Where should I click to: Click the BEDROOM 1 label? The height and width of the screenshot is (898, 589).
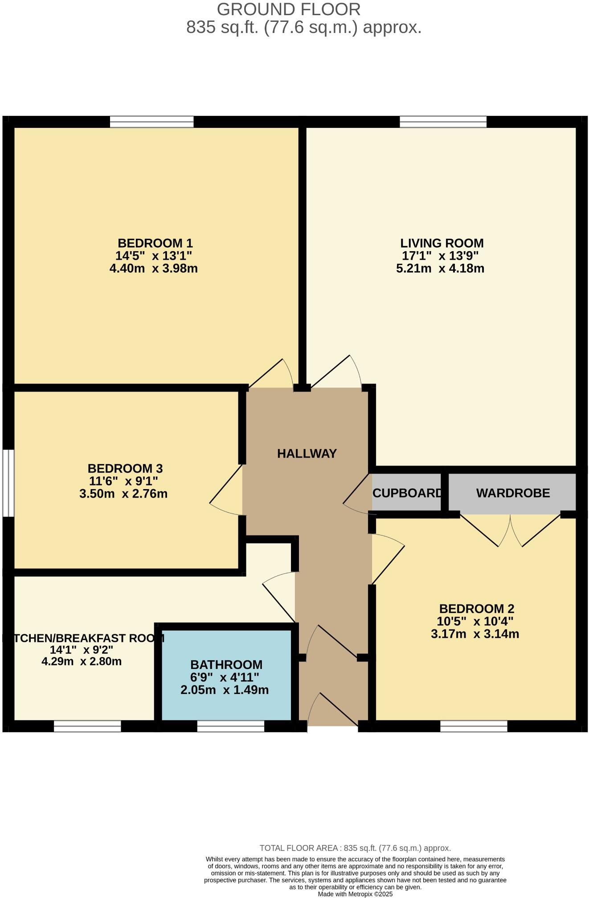(155, 243)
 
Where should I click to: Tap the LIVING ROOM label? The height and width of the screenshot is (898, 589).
(442, 243)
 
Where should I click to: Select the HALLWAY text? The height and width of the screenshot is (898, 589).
(307, 453)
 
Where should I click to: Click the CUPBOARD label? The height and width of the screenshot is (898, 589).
(407, 493)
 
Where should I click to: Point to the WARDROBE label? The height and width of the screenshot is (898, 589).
(513, 493)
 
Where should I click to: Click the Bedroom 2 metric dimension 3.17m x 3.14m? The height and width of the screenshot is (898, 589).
(475, 634)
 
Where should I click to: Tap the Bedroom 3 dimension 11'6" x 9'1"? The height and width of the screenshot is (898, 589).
(124, 481)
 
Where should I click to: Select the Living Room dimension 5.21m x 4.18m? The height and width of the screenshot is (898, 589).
(440, 269)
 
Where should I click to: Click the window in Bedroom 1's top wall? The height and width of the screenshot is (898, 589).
(151, 122)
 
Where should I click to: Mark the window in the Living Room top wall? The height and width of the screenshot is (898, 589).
(443, 122)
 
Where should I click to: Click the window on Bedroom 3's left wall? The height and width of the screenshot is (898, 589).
(8, 483)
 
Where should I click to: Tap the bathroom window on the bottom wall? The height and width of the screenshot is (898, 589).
(231, 727)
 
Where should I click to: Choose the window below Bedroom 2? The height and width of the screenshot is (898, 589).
(474, 727)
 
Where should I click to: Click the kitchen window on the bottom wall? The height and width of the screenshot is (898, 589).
(87, 727)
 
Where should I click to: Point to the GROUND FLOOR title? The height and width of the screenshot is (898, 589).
(288, 9)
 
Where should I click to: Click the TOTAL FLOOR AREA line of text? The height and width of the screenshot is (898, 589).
(355, 848)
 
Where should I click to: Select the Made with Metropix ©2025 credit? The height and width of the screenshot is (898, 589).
(355, 894)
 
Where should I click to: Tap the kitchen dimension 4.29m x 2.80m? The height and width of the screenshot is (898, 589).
(82, 661)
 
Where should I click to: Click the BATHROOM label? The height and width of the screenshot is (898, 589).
(226, 665)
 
